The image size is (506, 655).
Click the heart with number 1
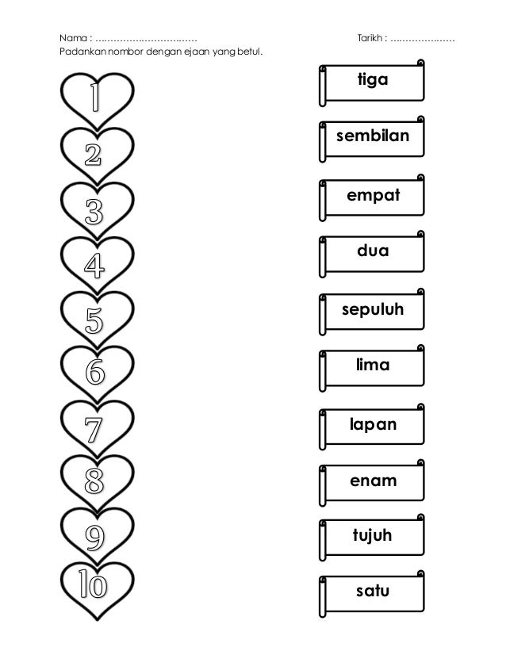pos(96,101)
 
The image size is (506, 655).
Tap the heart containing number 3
pos(96,210)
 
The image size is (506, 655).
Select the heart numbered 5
pos(96,320)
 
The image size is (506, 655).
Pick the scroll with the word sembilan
pos(372,137)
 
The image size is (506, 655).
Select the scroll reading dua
pos(372,252)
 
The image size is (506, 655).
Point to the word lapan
pos(372,425)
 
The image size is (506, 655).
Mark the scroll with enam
pos(372,481)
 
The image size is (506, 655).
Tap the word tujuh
pos(372,538)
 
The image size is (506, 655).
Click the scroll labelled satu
pos(372,591)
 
